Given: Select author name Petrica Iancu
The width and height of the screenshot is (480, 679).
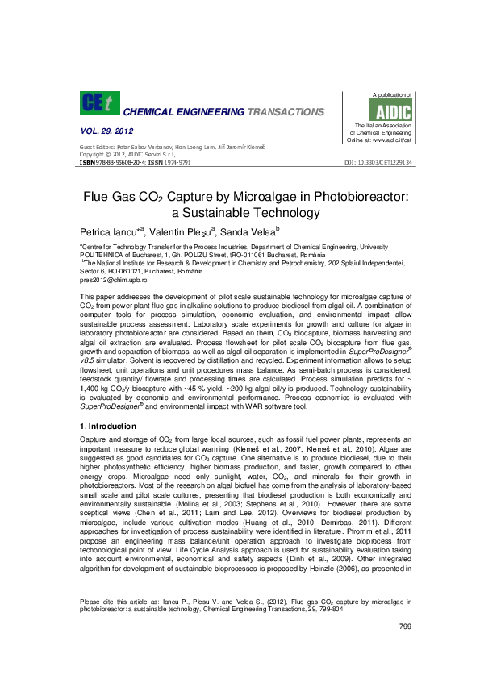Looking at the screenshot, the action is (109, 231).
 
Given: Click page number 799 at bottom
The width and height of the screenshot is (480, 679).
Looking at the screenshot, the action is (406, 650).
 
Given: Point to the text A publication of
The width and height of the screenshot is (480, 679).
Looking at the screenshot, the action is (390, 96).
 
